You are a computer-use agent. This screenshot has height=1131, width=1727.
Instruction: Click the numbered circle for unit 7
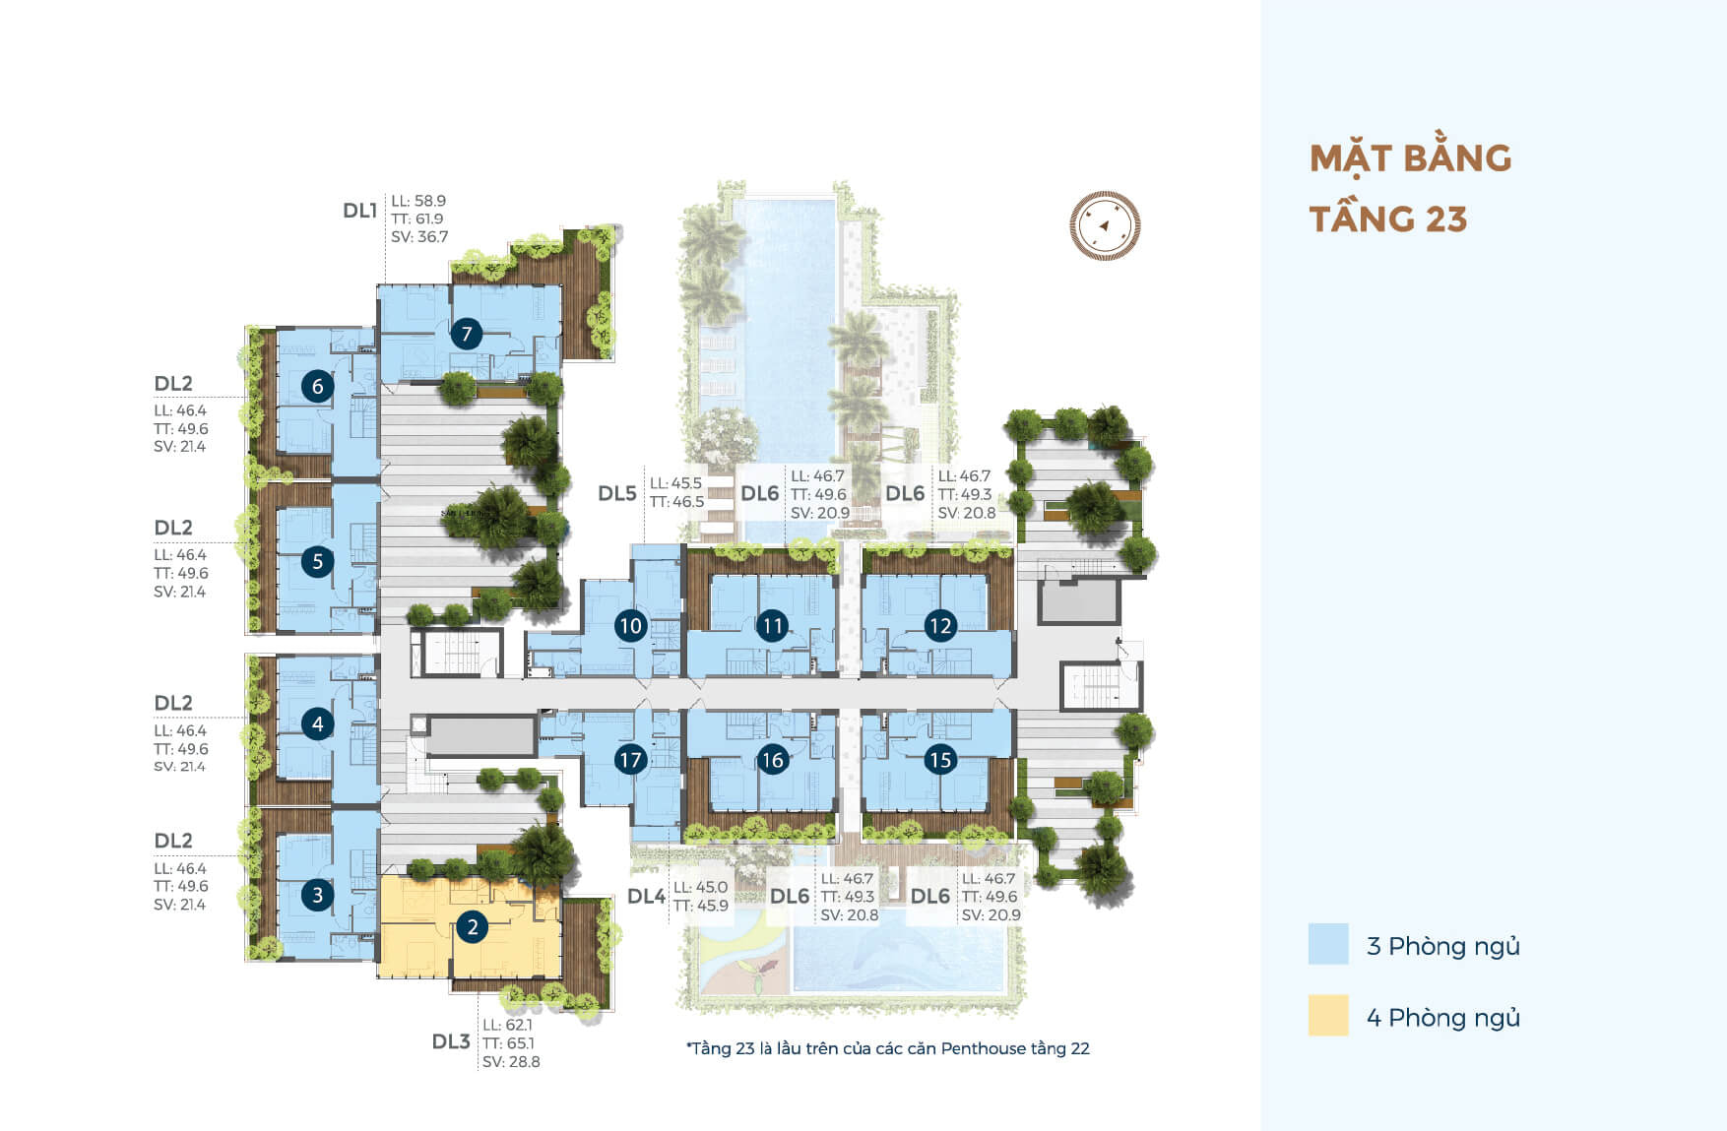tap(467, 334)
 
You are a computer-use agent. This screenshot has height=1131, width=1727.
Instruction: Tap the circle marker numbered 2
tap(473, 926)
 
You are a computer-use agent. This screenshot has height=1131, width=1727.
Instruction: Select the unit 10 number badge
tap(630, 625)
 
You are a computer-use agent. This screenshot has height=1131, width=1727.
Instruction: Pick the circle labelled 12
tap(940, 625)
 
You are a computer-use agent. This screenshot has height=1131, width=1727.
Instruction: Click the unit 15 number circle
tap(940, 759)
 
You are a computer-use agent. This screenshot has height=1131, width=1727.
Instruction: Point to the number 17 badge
tap(630, 759)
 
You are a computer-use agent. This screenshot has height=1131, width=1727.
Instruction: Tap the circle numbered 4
tap(317, 724)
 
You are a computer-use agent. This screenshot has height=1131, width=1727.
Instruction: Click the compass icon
tap(1105, 225)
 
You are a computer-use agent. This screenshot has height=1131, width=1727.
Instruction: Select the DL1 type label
tap(360, 211)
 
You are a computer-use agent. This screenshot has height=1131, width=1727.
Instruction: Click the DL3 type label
tap(451, 1041)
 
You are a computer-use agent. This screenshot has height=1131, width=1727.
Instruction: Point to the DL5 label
tap(617, 493)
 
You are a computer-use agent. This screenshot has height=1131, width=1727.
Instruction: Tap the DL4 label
tap(646, 896)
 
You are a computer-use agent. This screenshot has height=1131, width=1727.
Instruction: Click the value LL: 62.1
tap(507, 1025)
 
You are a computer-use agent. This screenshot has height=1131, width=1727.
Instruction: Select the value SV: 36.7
tap(419, 237)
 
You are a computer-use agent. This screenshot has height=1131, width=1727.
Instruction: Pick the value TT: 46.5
tap(676, 502)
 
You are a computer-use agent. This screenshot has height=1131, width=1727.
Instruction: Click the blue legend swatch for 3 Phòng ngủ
tap(1328, 944)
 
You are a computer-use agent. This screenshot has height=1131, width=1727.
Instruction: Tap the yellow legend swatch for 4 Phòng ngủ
tap(1328, 1016)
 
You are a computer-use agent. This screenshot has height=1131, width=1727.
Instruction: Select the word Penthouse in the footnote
tap(983, 1048)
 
